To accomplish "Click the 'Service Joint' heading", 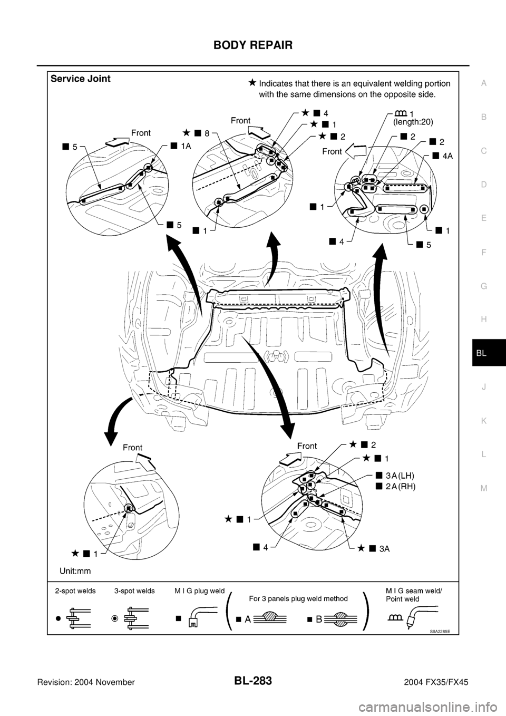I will [81, 79].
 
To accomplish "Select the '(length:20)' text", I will [414, 122].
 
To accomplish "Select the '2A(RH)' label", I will [400, 487].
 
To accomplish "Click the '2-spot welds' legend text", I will [75, 591].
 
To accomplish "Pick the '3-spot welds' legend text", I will [134, 591].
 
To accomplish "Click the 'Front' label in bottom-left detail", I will [133, 448].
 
